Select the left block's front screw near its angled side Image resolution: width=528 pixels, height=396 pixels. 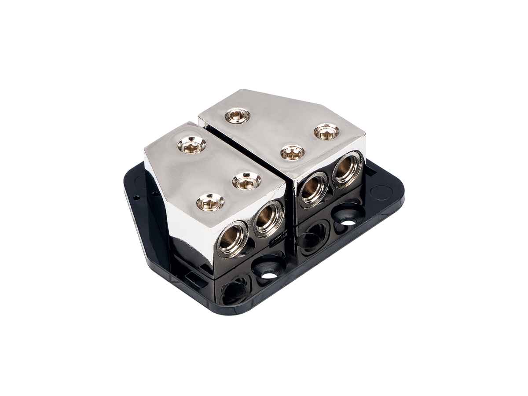tap(210, 202)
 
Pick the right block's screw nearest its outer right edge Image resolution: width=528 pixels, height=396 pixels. tap(326, 131)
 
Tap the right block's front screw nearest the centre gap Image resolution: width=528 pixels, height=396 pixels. tap(293, 153)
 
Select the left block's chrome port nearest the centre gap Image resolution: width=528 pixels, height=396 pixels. tap(267, 217)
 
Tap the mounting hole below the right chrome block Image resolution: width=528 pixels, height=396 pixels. tap(348, 220)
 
